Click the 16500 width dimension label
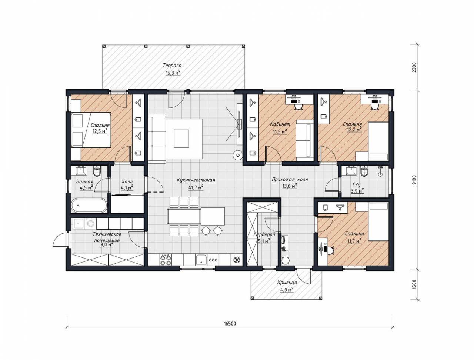(x=230, y=323)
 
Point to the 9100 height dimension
(x=414, y=180)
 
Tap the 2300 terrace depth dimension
(x=414, y=68)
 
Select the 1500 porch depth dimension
(x=414, y=285)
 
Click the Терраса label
(x=172, y=65)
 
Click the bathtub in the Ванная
(x=89, y=205)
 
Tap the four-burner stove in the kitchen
(x=166, y=260)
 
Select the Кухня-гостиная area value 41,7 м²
(x=196, y=187)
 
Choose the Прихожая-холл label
(x=290, y=180)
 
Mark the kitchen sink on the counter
(x=201, y=260)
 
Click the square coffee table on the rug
(x=181, y=139)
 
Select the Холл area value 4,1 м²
(x=127, y=187)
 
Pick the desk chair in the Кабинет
(x=298, y=107)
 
